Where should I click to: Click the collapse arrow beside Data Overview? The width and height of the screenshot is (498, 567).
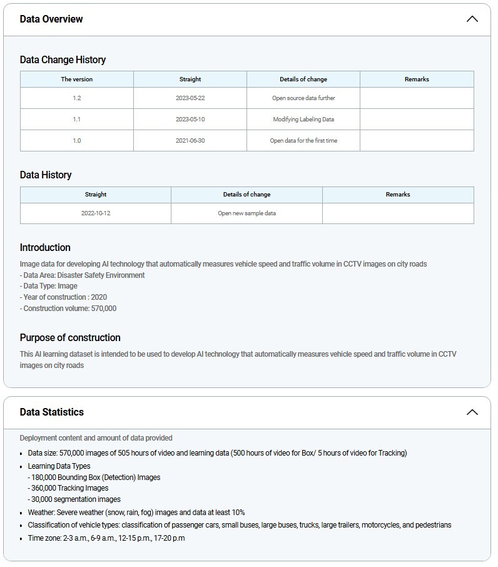coord(472,19)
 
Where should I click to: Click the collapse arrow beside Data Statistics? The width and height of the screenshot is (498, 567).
coord(472,412)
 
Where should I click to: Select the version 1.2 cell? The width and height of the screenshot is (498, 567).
coord(77,98)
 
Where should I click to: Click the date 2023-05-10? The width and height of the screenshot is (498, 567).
coord(190,120)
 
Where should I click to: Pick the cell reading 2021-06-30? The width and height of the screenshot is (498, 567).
coord(190,141)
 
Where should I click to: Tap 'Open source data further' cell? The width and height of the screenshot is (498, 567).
coord(303,98)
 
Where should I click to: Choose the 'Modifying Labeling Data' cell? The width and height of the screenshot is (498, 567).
coord(303,120)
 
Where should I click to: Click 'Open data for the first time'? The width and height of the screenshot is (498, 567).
coord(303,141)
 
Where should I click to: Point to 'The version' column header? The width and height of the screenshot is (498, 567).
coord(77,79)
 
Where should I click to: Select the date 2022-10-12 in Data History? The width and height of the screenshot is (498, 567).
coord(96,213)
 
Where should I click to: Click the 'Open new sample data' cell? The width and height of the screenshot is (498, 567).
coord(246,213)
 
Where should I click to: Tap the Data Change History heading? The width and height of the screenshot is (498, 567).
coord(63,60)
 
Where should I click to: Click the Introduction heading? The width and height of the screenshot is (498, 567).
coord(45,248)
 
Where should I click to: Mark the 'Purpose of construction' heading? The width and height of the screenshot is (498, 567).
coord(70,338)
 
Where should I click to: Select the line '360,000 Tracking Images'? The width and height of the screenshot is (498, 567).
coord(68,488)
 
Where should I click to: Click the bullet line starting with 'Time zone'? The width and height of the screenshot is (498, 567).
coord(106,538)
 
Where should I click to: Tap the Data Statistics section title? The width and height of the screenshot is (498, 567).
coord(51,412)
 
